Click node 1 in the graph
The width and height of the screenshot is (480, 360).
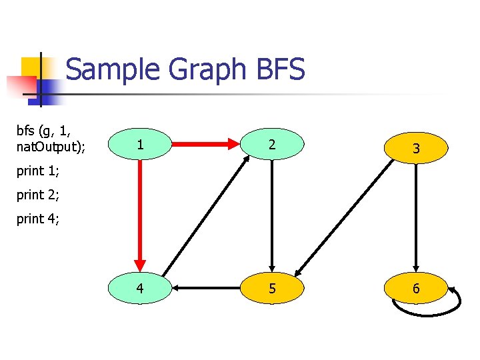(x=139, y=143)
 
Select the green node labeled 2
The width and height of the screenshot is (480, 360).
(x=271, y=143)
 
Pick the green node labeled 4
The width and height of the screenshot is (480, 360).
(x=139, y=289)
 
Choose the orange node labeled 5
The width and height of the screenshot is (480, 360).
(x=271, y=289)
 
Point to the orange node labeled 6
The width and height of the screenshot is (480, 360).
(x=415, y=289)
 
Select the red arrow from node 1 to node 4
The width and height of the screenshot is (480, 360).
(x=140, y=213)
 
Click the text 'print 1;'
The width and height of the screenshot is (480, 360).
(x=38, y=171)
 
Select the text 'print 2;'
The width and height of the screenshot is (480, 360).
(x=38, y=195)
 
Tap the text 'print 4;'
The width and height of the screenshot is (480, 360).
(x=38, y=219)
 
